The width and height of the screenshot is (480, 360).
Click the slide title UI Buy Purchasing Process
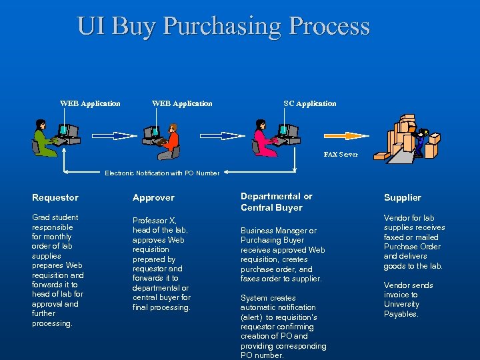pos(223,26)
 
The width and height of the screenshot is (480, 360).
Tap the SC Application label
pos(310,103)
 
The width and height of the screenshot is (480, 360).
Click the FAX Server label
pos(341,154)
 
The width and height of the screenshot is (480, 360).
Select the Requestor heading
pos(55,197)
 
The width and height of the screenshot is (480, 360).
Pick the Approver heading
pos(153,197)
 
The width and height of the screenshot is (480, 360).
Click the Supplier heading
pos(403,197)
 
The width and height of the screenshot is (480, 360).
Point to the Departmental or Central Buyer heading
pos(276,201)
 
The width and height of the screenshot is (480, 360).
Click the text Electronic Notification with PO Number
pos(162,173)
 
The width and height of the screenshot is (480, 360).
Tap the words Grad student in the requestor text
pos(55,217)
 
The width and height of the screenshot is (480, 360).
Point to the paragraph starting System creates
pos(283,327)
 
